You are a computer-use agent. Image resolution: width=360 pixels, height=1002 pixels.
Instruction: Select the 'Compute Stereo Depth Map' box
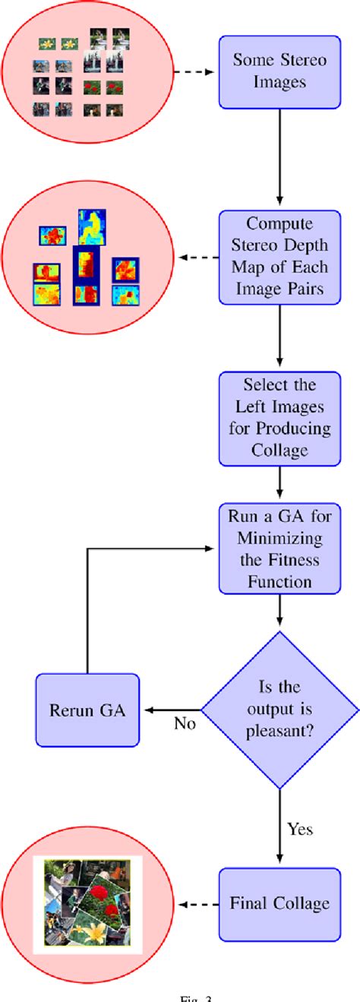[280, 257]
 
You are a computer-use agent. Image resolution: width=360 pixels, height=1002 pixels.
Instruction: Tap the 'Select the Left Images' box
[280, 417]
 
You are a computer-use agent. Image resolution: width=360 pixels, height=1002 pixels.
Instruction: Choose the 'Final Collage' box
[280, 903]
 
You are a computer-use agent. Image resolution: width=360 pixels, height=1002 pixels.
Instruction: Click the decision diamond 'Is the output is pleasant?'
[280, 709]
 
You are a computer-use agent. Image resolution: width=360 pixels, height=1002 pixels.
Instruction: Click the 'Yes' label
[300, 828]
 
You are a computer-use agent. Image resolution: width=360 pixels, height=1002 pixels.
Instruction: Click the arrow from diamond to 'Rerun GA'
[171, 709]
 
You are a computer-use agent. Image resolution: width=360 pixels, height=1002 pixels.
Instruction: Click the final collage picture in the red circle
[88, 904]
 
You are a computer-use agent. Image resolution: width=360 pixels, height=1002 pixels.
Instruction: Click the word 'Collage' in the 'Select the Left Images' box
[280, 450]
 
